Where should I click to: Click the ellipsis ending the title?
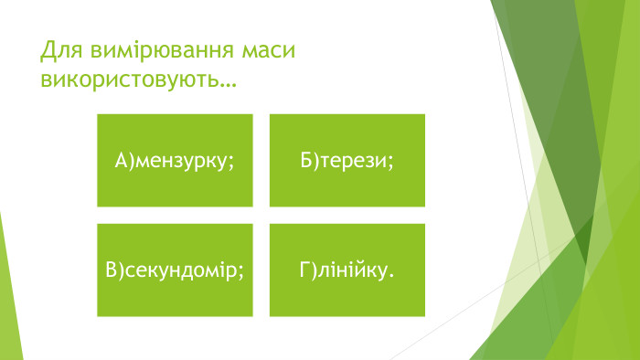point(225,83)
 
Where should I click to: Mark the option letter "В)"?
point(114,270)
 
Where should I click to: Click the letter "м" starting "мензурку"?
point(143,162)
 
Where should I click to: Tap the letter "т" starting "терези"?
point(325,162)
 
